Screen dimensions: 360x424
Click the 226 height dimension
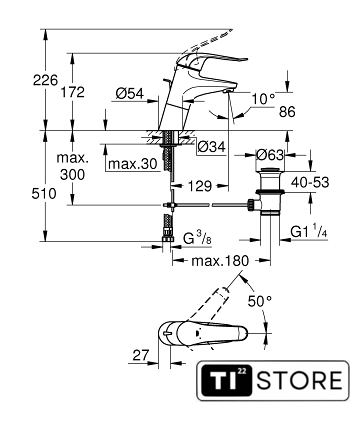pyautogui.click(x=45, y=80)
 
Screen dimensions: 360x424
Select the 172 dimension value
pyautogui.click(x=72, y=92)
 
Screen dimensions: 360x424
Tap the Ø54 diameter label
pyautogui.click(x=130, y=94)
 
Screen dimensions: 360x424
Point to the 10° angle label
pyautogui.click(x=264, y=99)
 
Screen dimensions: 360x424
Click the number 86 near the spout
pyautogui.click(x=287, y=112)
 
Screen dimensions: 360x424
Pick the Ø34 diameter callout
pyautogui.click(x=211, y=147)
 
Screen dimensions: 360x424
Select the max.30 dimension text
pyautogui.click(x=132, y=164)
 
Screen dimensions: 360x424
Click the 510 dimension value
pyautogui.click(x=44, y=194)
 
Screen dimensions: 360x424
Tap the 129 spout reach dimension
pyautogui.click(x=200, y=186)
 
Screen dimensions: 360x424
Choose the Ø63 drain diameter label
pyautogui.click(x=270, y=155)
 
